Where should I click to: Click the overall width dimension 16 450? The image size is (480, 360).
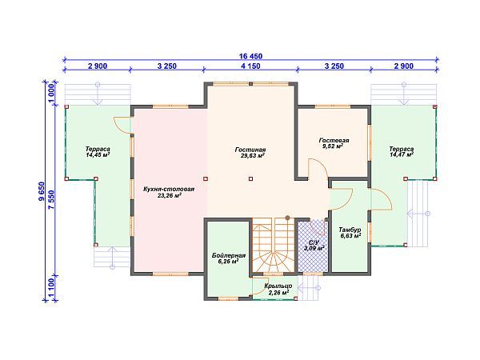(250, 56)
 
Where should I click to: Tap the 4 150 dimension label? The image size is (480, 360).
(250, 66)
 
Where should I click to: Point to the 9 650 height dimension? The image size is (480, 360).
(42, 191)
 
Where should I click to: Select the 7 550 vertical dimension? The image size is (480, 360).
(51, 199)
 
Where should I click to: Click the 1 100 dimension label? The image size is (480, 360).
(51, 288)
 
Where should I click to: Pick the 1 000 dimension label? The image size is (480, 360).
(51, 94)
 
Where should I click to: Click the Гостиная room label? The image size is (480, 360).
(250, 150)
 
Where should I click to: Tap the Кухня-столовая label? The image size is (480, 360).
(169, 189)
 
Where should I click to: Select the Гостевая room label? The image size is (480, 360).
(334, 141)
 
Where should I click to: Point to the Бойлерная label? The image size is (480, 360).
(228, 256)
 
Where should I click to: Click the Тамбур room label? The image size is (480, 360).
(350, 230)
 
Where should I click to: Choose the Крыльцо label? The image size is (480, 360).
(278, 286)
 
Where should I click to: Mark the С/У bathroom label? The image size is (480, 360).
(314, 242)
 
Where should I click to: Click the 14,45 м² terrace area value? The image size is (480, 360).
(98, 155)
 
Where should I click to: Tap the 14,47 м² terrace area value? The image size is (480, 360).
(402, 155)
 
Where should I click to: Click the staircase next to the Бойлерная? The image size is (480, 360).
(273, 245)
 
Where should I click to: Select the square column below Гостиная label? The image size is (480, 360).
(250, 178)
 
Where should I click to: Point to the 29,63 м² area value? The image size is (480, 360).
(253, 156)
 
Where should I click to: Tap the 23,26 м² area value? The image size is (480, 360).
(170, 195)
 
